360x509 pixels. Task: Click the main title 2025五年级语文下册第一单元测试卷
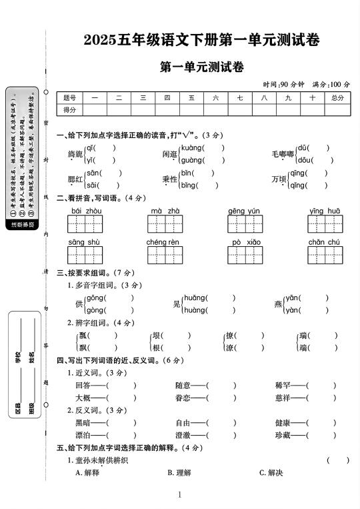(x=201, y=40)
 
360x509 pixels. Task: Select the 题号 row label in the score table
(x=70, y=97)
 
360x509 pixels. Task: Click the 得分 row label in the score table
(x=70, y=109)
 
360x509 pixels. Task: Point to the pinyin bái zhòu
(x=86, y=211)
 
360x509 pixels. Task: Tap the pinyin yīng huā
(x=325, y=211)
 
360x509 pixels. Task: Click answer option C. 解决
(x=271, y=472)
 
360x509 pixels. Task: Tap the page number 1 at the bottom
(x=180, y=494)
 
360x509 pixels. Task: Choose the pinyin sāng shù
(x=84, y=242)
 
